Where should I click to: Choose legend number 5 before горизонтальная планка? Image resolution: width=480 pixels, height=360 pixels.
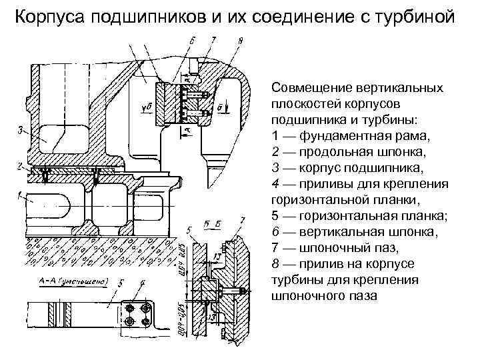pos(276,215)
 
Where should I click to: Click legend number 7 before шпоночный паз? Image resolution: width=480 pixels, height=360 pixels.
pos(276,247)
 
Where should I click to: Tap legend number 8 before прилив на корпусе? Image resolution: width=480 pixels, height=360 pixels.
pos(276,263)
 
